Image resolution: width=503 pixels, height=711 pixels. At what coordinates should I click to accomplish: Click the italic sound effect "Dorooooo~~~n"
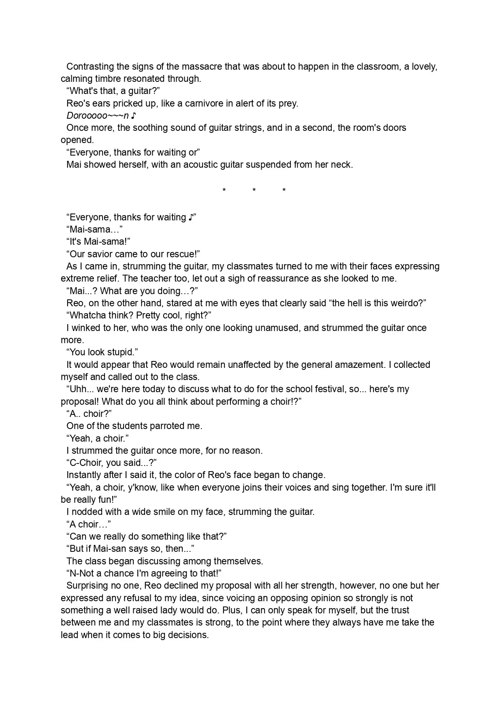pos(98,115)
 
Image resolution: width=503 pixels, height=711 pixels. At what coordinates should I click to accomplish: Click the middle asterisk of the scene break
pos(254,190)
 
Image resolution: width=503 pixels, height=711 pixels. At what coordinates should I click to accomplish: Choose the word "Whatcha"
pos(87,315)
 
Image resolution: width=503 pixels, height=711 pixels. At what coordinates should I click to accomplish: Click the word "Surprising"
pos(89,585)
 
